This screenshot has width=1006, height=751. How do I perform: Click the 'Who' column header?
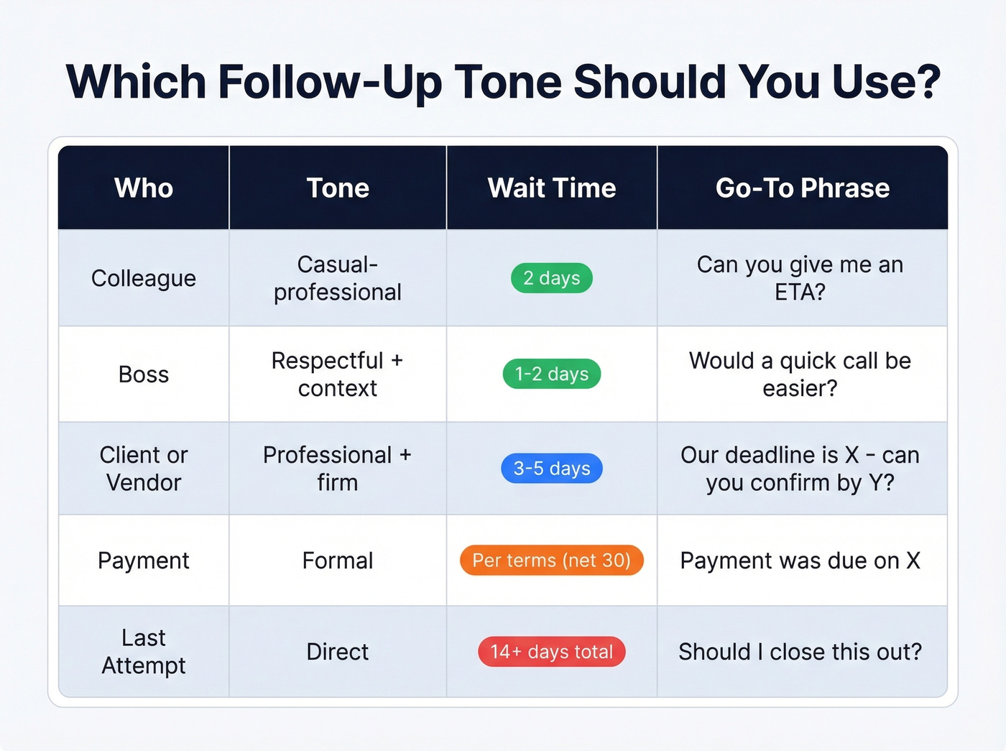coord(144,188)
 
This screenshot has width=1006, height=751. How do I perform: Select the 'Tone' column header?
coord(338,188)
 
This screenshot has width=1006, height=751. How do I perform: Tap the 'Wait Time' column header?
coord(552,188)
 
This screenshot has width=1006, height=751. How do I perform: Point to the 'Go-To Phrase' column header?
coord(802,188)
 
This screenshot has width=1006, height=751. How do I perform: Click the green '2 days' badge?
coord(552,278)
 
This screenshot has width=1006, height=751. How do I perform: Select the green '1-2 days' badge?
coord(552,374)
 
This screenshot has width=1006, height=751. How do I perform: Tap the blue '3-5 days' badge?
coord(552,469)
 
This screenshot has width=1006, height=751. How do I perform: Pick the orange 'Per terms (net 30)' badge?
coord(552,561)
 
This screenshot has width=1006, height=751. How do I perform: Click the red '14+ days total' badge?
coord(552,652)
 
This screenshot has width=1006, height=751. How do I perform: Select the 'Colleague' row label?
coord(144,278)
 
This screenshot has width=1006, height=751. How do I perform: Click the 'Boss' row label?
coord(144,374)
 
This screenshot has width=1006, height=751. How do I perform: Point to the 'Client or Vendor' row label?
coord(144,469)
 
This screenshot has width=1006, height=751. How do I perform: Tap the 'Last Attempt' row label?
coord(144,652)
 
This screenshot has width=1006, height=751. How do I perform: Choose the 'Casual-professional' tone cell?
coord(338,278)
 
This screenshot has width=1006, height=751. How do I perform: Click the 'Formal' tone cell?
coord(338,561)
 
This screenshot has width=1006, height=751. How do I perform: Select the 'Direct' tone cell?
coord(338,652)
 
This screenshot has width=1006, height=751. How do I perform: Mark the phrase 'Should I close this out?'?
coord(800,652)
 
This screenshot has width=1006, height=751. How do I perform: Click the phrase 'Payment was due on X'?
coord(800,561)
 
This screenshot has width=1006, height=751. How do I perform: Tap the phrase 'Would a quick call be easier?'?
coord(800,374)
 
